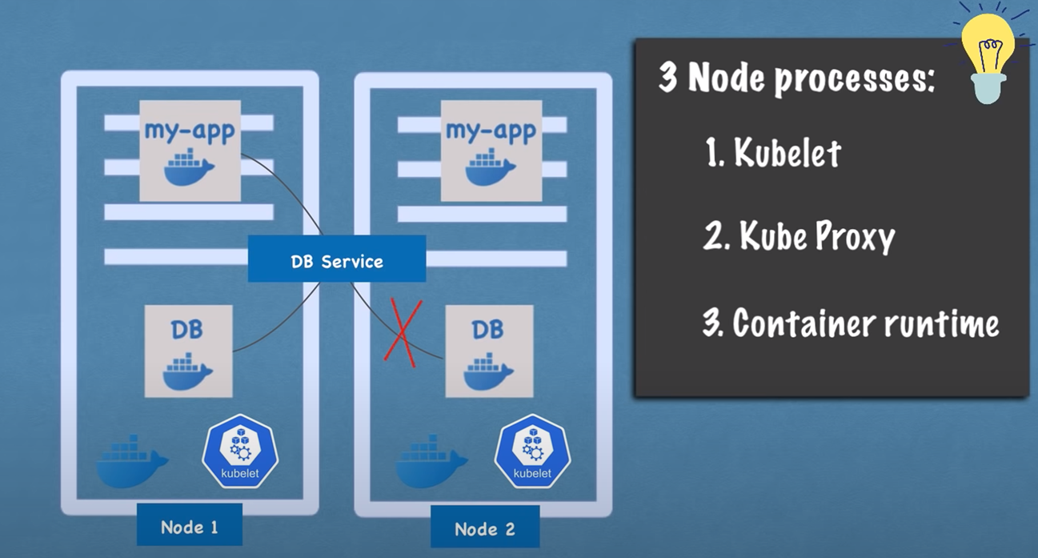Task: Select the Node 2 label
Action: [484, 528]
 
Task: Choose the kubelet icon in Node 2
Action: [532, 453]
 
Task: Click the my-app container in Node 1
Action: [190, 151]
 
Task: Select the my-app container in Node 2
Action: [490, 151]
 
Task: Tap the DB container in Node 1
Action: [188, 351]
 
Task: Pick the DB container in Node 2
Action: [489, 351]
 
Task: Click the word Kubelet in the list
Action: [788, 152]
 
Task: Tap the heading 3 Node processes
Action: [796, 78]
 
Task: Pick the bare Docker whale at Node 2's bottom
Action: [431, 461]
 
